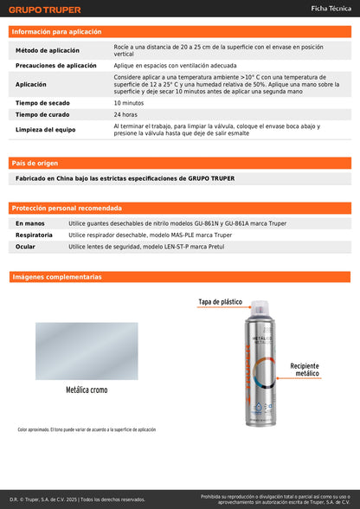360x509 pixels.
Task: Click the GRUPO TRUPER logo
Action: (x=45, y=10)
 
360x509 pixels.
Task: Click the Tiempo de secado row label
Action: (x=43, y=103)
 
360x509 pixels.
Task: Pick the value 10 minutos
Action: (x=129, y=103)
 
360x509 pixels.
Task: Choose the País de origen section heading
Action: (x=35, y=163)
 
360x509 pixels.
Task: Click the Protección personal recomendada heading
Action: (x=61, y=208)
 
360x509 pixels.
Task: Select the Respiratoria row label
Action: (x=34, y=235)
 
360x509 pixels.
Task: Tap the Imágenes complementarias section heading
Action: (x=56, y=277)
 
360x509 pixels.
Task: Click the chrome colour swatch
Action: (x=86, y=351)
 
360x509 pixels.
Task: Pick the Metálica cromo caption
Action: (x=87, y=390)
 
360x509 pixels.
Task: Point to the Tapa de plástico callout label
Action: (x=221, y=302)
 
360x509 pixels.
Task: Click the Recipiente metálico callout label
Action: (x=312, y=370)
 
